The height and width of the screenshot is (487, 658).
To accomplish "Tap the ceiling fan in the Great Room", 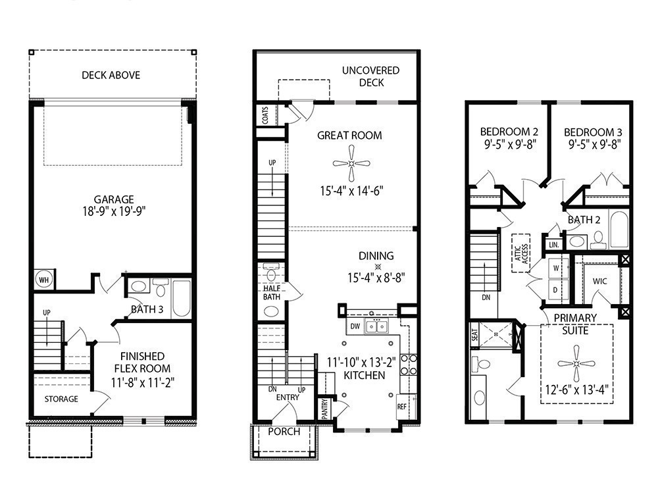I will [x=351, y=164].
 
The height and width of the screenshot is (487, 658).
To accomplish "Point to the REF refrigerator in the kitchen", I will [x=403, y=407].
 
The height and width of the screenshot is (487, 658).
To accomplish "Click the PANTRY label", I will [x=324, y=407].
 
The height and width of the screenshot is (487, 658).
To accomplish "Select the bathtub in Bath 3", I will [x=180, y=299].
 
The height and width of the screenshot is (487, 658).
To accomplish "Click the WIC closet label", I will [x=599, y=281].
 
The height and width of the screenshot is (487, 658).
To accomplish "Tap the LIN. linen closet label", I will [x=553, y=244].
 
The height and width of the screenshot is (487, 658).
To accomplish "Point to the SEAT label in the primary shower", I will [x=474, y=336].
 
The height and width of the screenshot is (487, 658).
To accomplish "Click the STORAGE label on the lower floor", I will [x=61, y=399].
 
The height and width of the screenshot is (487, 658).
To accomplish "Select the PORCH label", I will [x=284, y=432].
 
